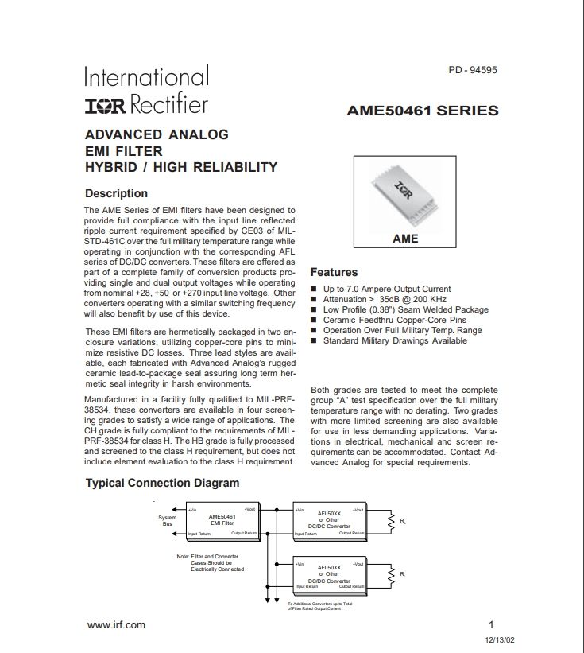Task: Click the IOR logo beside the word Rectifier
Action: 106,105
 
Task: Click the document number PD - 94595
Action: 473,70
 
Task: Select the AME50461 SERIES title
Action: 423,111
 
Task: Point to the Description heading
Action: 116,193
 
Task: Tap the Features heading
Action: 334,272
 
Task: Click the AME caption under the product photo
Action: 405,238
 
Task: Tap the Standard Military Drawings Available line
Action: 395,340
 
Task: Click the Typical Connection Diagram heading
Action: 162,483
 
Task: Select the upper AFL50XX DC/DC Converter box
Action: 329,522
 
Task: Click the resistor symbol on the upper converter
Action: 390,522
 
